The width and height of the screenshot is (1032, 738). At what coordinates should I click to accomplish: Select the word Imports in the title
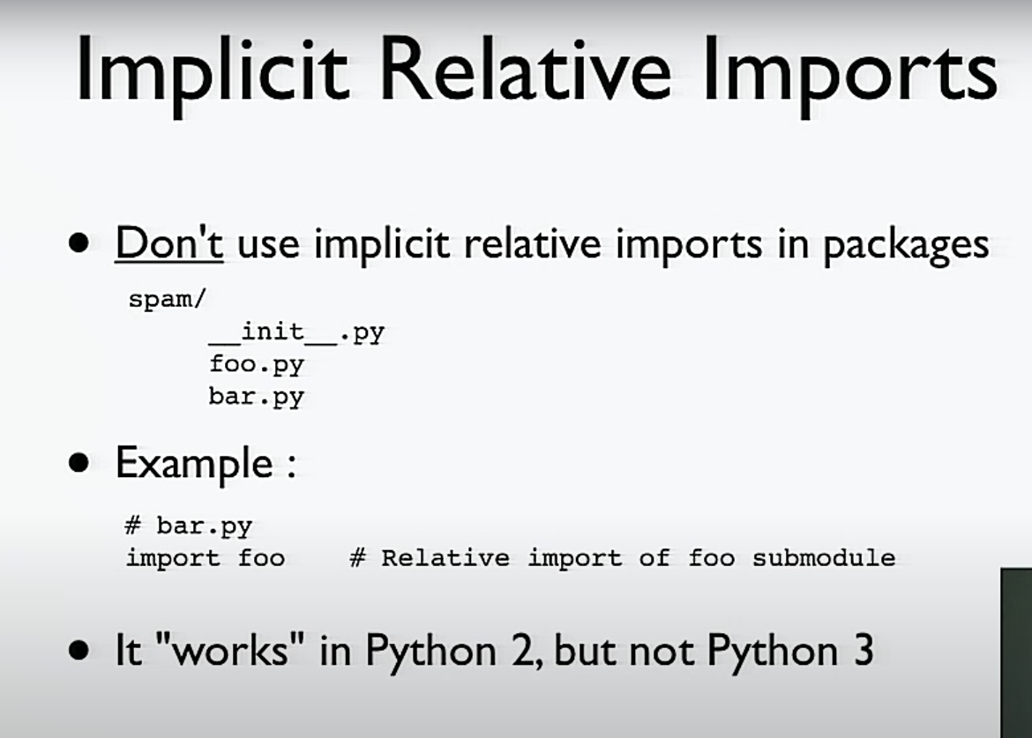click(x=850, y=74)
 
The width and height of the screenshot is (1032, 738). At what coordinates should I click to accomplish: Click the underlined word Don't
click(x=169, y=243)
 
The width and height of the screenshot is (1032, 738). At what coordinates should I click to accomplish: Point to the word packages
click(x=906, y=246)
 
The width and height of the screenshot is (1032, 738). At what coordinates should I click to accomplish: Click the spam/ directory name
click(x=168, y=299)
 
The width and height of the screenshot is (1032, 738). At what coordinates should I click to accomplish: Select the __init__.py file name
click(x=297, y=332)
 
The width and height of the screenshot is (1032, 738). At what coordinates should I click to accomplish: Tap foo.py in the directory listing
click(x=257, y=365)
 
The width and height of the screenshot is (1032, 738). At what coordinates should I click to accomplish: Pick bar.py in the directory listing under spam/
click(x=257, y=398)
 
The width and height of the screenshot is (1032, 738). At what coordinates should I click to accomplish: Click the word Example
click(x=194, y=464)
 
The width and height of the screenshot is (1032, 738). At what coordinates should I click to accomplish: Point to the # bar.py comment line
click(x=189, y=526)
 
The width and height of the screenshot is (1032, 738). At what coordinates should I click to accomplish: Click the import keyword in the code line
click(x=173, y=558)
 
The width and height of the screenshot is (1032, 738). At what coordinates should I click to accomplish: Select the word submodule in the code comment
click(x=824, y=558)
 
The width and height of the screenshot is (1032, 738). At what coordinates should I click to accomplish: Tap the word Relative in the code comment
click(x=445, y=558)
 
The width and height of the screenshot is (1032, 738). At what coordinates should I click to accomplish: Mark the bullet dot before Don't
click(x=79, y=243)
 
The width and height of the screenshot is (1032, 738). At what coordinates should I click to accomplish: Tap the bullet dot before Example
click(x=79, y=463)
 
